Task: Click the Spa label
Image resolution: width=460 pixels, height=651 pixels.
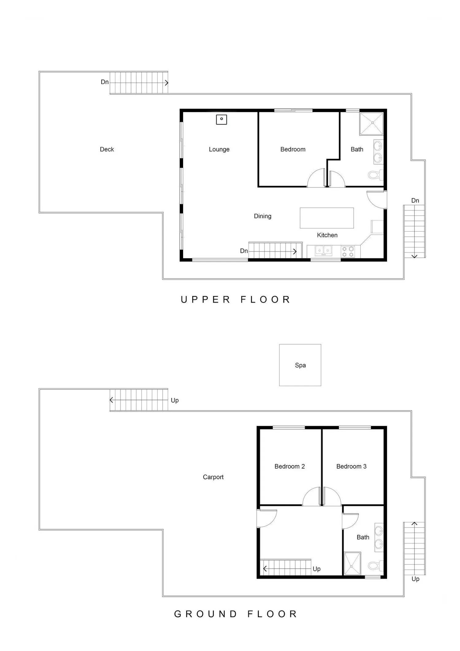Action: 300,365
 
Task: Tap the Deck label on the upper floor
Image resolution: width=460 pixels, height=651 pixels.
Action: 107,149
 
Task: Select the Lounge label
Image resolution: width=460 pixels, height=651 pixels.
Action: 219,149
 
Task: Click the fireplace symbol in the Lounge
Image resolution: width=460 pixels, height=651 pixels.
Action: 221,119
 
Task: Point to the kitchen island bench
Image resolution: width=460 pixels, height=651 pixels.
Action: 327,218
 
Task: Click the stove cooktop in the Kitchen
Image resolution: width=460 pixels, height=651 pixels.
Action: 348,252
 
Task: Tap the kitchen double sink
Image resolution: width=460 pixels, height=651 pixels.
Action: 324,251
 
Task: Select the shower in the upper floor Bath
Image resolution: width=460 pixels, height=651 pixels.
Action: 371,124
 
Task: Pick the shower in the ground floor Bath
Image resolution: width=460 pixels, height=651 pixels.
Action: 352,563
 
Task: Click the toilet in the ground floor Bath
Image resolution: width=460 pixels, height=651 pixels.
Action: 376,565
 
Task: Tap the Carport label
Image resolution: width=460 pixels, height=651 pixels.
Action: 213,477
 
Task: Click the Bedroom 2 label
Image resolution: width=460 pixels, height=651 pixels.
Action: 289,466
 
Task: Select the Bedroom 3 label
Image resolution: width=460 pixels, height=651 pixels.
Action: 351,466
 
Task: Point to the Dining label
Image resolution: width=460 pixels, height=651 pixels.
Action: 263,216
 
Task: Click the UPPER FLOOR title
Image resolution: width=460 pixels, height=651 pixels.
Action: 236,299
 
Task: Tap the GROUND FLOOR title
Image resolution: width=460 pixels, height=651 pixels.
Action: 236,614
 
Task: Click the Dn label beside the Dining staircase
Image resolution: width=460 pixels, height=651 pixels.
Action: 244,251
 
